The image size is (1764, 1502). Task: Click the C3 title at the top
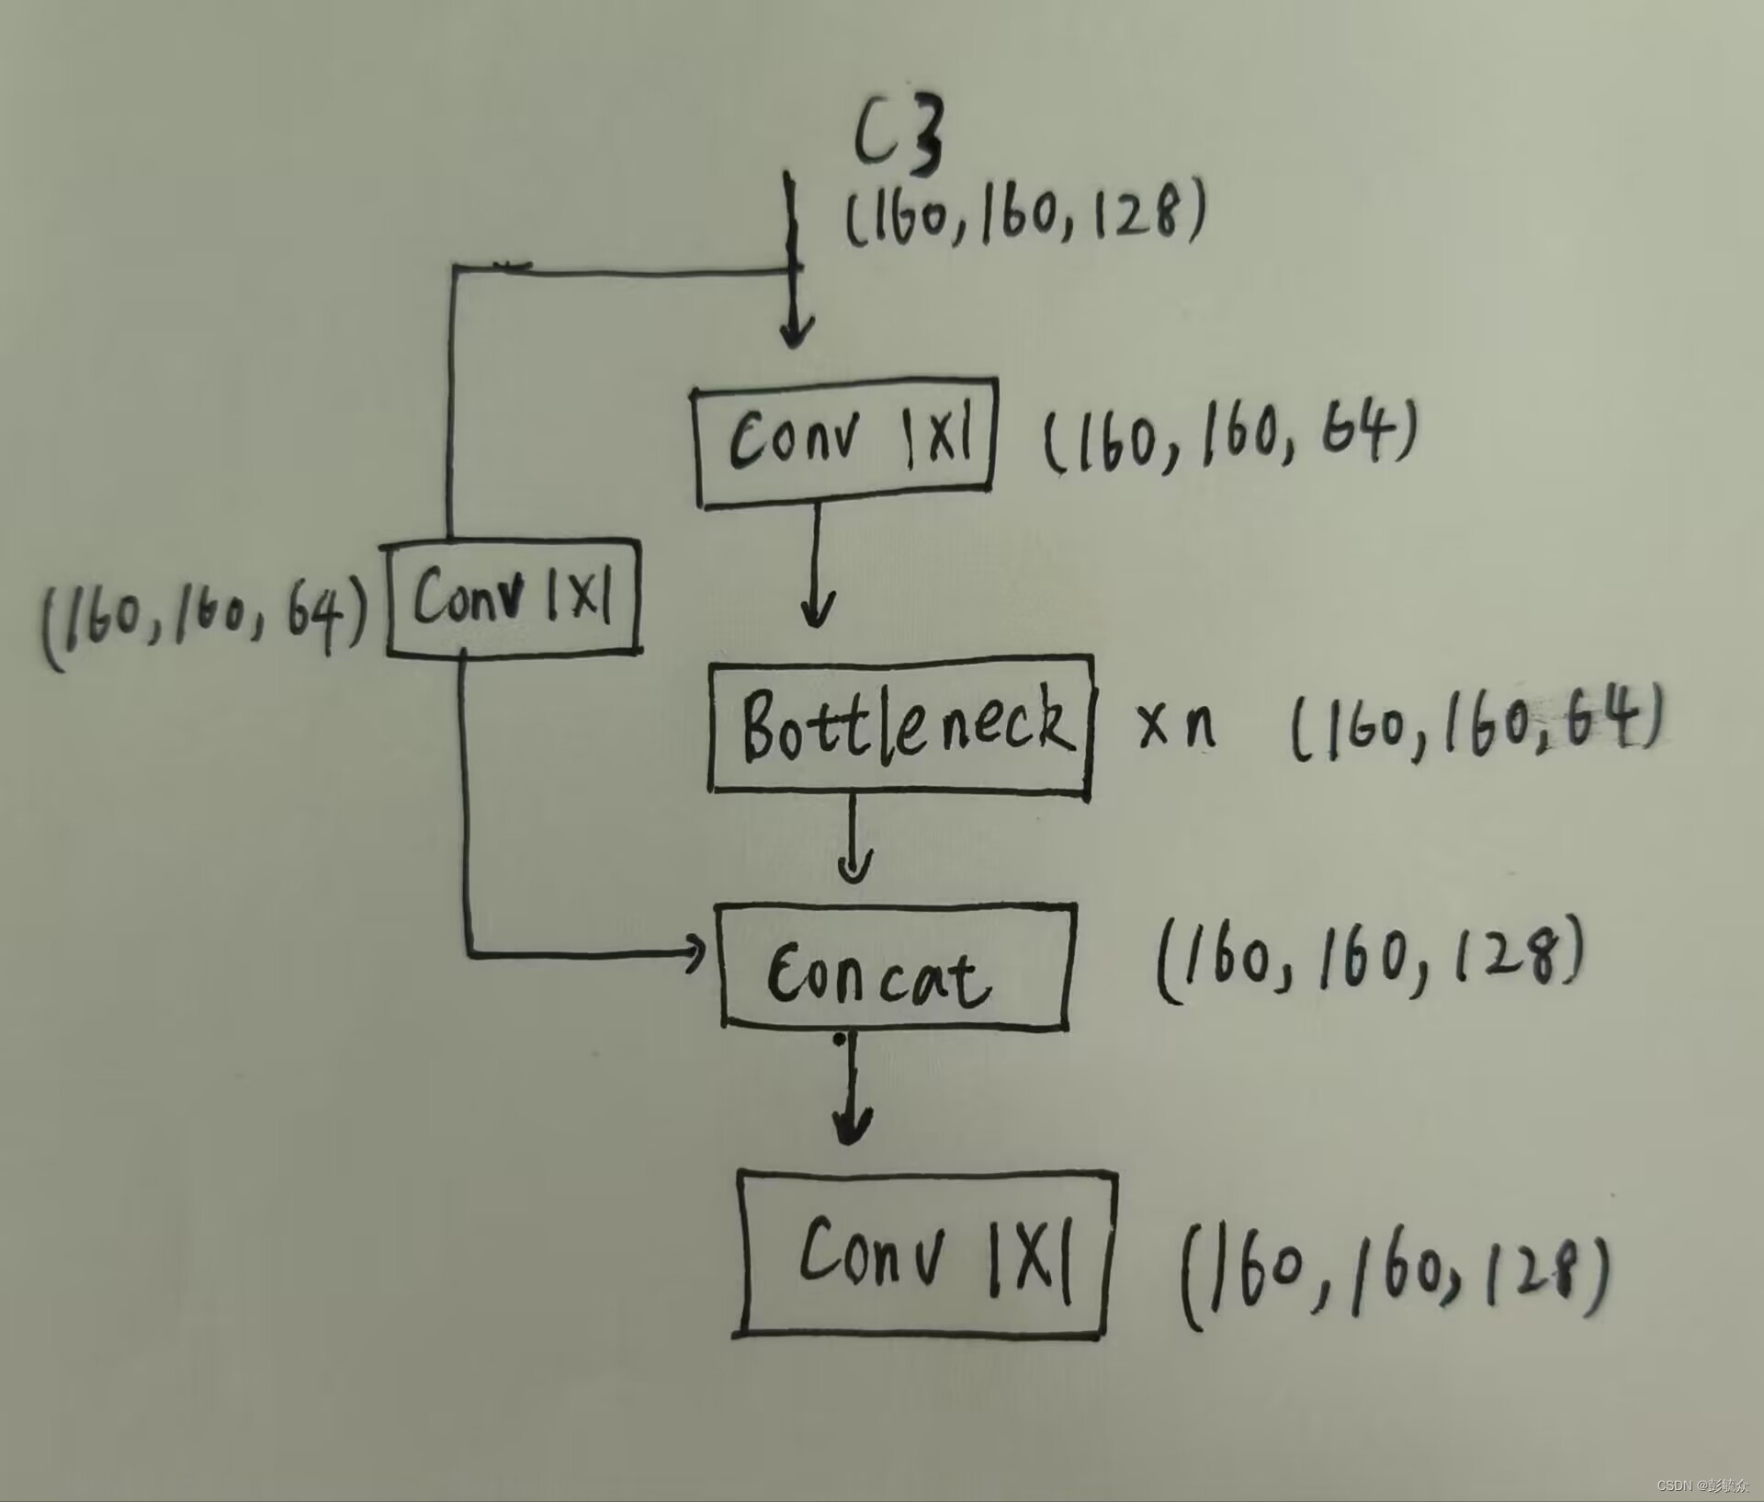(x=898, y=138)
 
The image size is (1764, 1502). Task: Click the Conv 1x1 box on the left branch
(x=513, y=597)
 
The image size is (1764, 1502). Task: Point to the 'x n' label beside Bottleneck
(x=1176, y=725)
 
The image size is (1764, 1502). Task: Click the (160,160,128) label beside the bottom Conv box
(x=1393, y=1278)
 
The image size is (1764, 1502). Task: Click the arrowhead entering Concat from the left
(x=694, y=955)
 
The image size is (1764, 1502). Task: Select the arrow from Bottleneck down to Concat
(x=854, y=846)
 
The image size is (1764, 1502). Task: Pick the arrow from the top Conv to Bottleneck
(x=817, y=570)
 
